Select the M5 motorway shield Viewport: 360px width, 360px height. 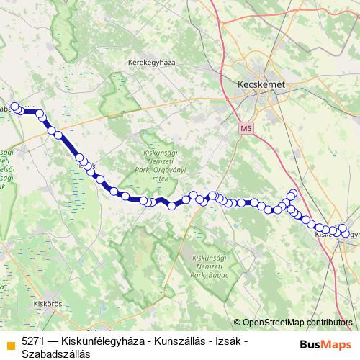pyautogui.click(x=247, y=128)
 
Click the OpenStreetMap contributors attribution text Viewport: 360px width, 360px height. pyautogui.click(x=297, y=323)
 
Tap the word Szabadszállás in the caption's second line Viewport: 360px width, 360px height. pyautogui.click(x=55, y=354)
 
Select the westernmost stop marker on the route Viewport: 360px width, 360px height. pyautogui.click(x=14, y=108)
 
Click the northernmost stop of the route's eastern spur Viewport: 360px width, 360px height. pyautogui.click(x=292, y=193)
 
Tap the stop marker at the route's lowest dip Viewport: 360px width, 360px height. pyautogui.click(x=171, y=206)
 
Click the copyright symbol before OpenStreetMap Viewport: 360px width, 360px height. pyautogui.click(x=238, y=323)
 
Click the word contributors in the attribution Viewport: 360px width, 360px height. pyautogui.click(x=328, y=323)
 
